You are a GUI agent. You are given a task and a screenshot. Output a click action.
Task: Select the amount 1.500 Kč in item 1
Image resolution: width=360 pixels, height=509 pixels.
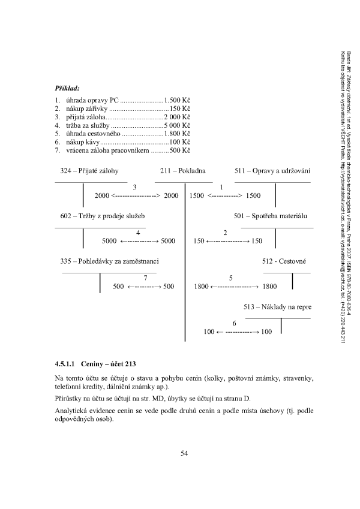click(x=177, y=99)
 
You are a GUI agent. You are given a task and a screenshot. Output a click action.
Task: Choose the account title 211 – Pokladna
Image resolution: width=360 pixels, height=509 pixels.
click(x=183, y=171)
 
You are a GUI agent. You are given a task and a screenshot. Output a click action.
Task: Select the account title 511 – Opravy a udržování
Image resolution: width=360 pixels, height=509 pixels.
click(x=272, y=171)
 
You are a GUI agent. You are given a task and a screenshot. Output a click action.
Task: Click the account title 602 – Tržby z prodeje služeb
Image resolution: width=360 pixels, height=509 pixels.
click(x=99, y=215)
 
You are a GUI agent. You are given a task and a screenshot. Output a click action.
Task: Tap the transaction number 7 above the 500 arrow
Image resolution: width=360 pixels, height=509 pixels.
click(x=145, y=278)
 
